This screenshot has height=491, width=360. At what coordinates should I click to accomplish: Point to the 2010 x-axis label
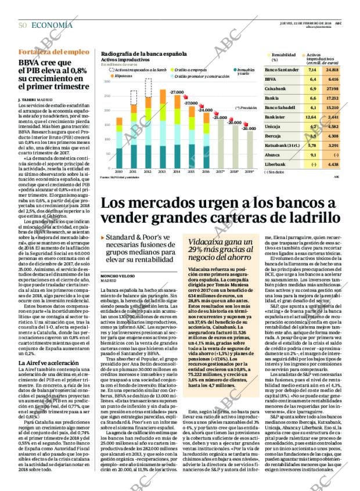118,172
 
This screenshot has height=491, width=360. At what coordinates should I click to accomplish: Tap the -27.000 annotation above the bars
177,93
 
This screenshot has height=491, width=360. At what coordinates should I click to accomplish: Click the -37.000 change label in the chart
191,103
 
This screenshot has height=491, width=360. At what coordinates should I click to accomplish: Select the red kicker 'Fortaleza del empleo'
46,52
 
